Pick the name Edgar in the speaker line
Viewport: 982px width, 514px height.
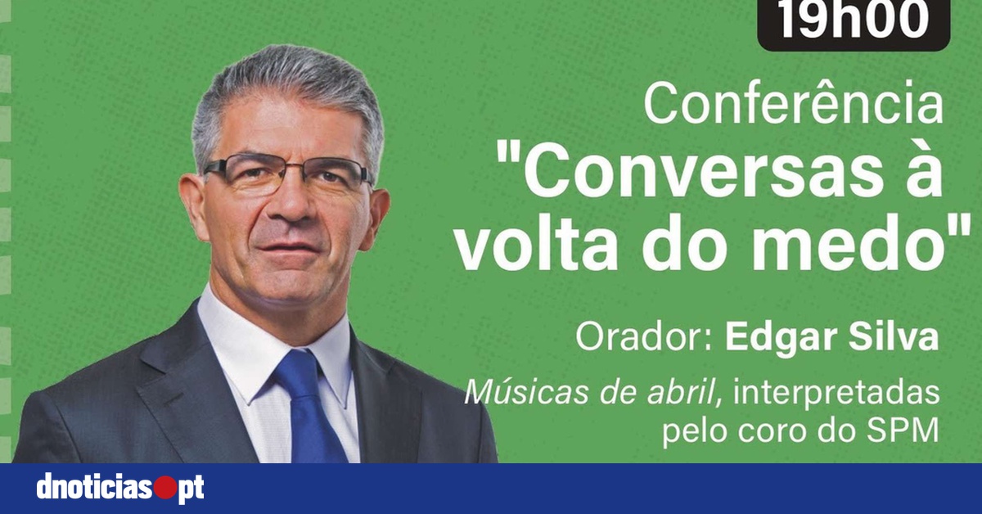click(x=773, y=338)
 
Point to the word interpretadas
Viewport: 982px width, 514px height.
click(x=836, y=394)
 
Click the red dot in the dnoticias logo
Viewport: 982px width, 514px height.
click(x=164, y=489)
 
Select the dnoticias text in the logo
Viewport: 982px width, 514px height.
click(x=94, y=489)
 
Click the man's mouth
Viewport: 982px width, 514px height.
click(x=288, y=249)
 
